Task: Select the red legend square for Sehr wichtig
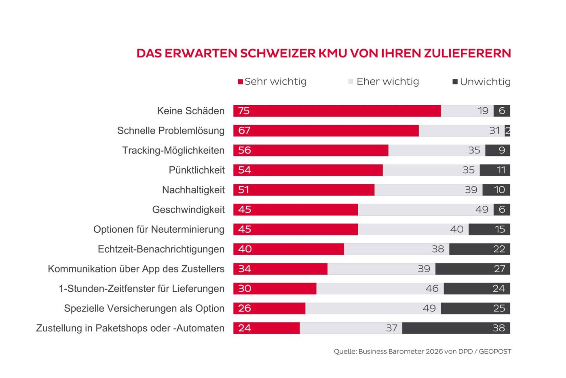[240, 82]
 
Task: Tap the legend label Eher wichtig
[388, 81]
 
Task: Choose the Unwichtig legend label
[485, 82]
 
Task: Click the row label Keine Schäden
[191, 111]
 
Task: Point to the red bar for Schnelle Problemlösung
[326, 131]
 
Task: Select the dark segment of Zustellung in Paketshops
[456, 328]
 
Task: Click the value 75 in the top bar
[244, 111]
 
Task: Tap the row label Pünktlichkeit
[196, 170]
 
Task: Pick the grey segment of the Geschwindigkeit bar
[425, 210]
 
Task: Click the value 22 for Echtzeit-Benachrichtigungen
[499, 249]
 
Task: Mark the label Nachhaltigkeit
[193, 190]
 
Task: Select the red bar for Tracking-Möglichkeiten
[311, 150]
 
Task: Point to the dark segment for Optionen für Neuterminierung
[489, 229]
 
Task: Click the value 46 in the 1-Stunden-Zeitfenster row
[432, 289]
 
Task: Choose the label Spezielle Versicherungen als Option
[144, 308]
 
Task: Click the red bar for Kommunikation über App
[280, 269]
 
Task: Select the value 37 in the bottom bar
[392, 328]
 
